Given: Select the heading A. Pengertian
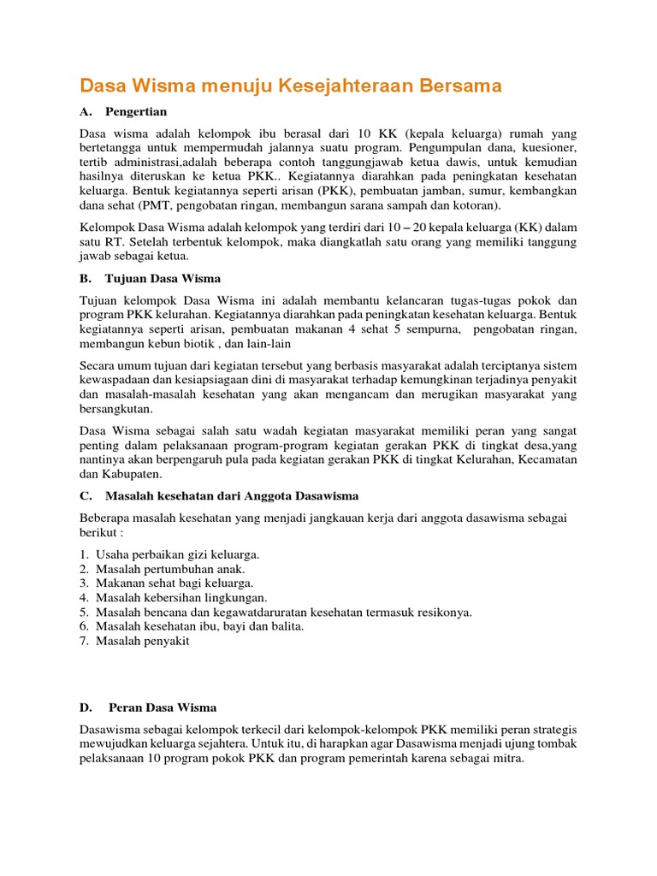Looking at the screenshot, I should pyautogui.click(x=123, y=112).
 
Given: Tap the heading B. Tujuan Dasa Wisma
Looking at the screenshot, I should pyautogui.click(x=150, y=278).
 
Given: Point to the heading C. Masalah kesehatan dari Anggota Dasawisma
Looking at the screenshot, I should pyautogui.click(x=219, y=496).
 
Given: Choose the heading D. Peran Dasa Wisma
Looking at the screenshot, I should pyautogui.click(x=148, y=707).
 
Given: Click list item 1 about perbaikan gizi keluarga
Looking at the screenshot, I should pyautogui.click(x=169, y=554).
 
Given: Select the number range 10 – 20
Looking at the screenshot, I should pyautogui.click(x=411, y=227).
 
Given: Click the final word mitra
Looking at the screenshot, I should pyautogui.click(x=501, y=759).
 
